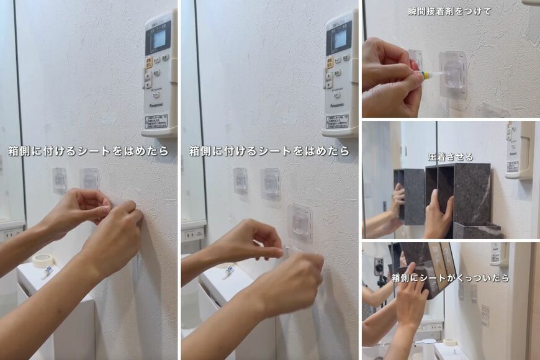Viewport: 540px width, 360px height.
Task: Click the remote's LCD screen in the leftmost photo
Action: click(159, 39)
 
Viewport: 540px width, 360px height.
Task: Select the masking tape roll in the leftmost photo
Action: click(43, 260)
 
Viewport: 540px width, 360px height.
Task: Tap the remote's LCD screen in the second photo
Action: click(340, 39)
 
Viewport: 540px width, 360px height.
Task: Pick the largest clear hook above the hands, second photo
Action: click(300, 222)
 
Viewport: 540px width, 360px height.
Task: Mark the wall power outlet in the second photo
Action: click(193, 233)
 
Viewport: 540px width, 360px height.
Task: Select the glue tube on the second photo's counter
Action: click(228, 272)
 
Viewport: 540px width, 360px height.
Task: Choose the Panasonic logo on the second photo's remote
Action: click(338, 106)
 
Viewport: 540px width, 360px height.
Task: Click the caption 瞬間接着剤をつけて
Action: click(450, 11)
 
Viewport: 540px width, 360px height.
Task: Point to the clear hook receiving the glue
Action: click(454, 74)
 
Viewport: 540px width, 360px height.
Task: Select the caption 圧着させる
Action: click(451, 156)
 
